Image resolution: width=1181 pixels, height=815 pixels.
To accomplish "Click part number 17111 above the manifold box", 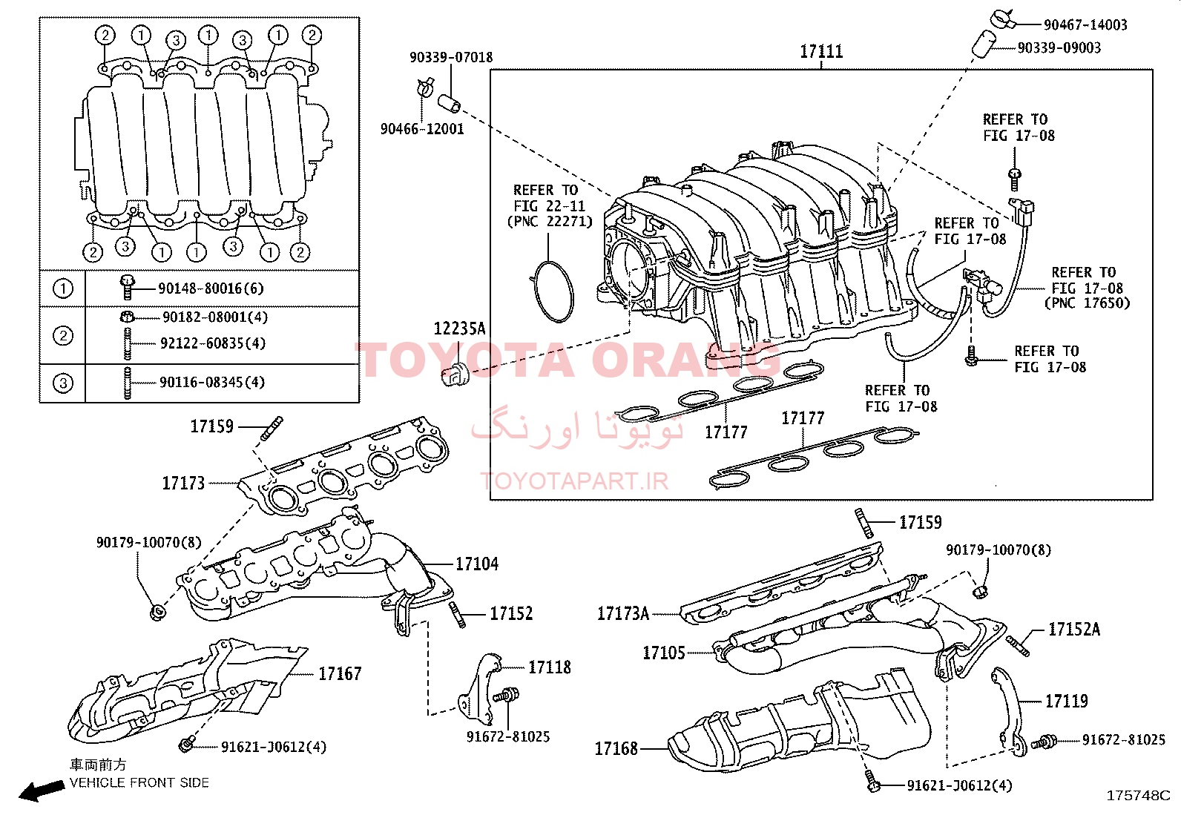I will tap(821, 51).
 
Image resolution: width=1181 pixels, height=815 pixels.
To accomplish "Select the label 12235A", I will tap(459, 329).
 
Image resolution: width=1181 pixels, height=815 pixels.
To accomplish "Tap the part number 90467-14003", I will tap(1085, 25).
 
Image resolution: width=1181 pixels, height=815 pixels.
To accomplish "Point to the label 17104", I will tap(476, 564).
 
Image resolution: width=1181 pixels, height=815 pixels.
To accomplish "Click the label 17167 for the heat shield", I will tap(340, 673).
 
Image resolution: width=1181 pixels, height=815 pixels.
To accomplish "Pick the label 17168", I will tap(616, 748).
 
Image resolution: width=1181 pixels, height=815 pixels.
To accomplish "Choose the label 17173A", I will tap(623, 613).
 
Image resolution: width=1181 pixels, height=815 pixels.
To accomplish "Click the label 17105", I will tap(664, 653).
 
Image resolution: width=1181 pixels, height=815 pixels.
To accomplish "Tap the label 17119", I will tap(1066, 701).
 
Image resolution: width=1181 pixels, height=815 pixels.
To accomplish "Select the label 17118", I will tap(550, 667).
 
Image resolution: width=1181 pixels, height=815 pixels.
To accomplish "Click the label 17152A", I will tap(1073, 630).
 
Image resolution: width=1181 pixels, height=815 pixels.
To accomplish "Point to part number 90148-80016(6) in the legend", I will tap(211, 288).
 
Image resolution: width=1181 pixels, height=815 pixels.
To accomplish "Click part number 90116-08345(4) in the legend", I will tap(212, 383).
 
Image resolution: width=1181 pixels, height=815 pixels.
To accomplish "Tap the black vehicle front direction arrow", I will tap(42, 791).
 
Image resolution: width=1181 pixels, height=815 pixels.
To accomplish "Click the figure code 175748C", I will tap(1138, 796).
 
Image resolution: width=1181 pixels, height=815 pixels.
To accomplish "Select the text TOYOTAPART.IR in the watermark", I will tap(575, 481).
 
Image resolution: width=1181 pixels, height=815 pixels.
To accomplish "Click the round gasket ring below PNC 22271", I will tap(553, 291).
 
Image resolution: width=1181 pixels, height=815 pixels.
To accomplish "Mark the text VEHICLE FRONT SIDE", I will tap(139, 782).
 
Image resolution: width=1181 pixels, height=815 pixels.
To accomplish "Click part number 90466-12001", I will tap(422, 129).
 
